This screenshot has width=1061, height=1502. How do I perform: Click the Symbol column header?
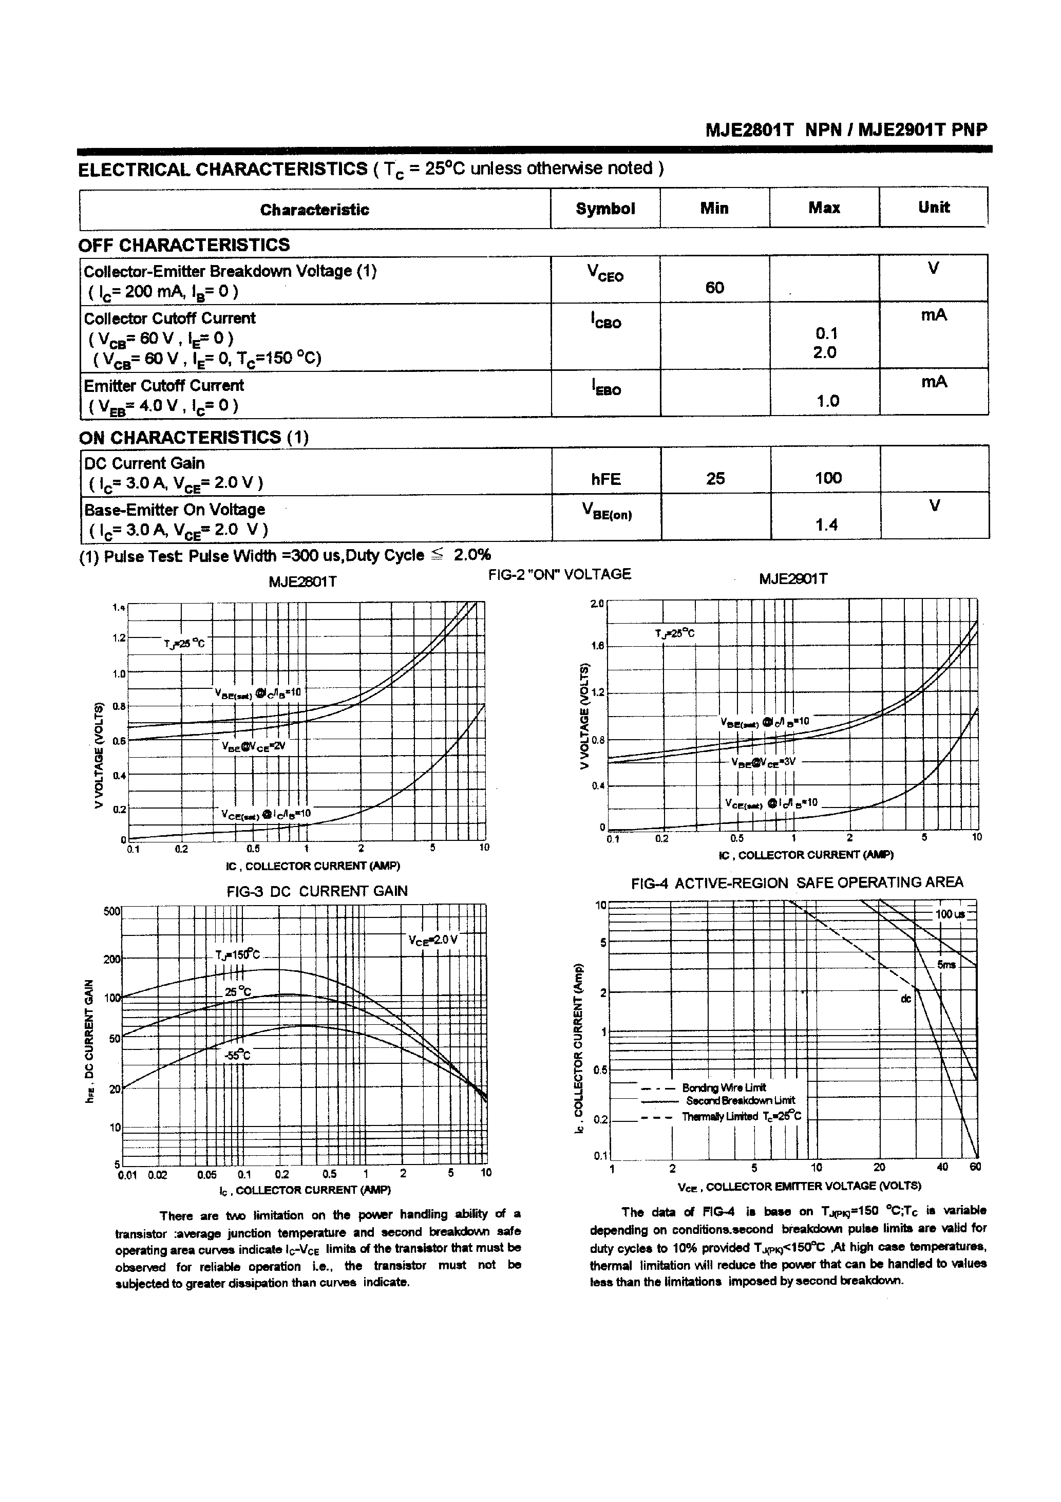tap(605, 209)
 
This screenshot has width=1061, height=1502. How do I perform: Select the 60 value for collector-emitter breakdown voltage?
tap(714, 288)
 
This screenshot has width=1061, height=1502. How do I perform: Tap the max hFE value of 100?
tap(827, 478)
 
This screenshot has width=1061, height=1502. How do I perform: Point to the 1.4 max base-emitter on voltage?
tap(827, 524)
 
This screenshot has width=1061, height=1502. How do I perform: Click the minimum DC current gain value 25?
tap(715, 479)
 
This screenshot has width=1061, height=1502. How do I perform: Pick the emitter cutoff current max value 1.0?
tap(827, 401)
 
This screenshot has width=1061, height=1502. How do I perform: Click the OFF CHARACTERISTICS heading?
tap(184, 246)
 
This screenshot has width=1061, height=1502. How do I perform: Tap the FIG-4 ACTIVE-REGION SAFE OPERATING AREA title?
tap(797, 883)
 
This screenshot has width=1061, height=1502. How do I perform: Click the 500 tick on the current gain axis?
tap(112, 911)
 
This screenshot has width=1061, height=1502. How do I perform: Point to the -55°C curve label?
tap(237, 1055)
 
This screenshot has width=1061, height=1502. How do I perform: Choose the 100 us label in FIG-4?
tap(950, 914)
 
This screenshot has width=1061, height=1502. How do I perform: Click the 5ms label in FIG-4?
tap(946, 964)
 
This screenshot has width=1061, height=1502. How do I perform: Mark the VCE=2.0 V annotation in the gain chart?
tap(433, 940)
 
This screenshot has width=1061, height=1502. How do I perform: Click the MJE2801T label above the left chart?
tap(303, 581)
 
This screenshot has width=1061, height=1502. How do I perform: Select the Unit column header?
tap(934, 208)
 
